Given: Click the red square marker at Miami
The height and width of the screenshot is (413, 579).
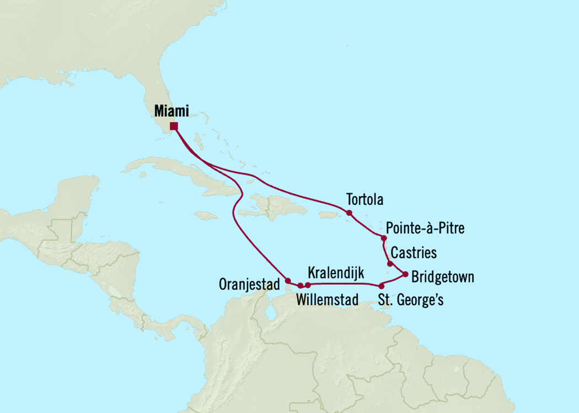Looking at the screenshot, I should point(174,126).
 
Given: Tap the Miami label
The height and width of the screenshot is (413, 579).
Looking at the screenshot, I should point(171,111).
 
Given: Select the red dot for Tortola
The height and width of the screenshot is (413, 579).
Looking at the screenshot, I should point(349,213).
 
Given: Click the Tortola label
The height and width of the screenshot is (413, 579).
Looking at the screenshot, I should point(364,199).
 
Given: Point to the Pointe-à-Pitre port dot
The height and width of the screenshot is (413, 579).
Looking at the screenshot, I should point(383,238).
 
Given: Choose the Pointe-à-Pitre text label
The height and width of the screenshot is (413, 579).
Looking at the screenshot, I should point(425,228).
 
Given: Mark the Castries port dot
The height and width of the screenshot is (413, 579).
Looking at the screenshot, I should point(390,263).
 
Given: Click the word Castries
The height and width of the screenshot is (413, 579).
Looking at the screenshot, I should point(413,253).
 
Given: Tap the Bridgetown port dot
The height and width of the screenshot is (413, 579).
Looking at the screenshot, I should point(406,274).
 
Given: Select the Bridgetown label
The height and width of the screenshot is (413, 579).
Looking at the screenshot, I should point(443,277).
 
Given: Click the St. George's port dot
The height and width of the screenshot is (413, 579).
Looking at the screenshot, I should point(381,286).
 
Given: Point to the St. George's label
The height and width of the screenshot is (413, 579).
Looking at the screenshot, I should point(411,300).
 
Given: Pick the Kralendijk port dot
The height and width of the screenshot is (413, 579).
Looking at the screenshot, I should point(308,285).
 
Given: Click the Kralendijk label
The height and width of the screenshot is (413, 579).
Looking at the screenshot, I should point(335,273).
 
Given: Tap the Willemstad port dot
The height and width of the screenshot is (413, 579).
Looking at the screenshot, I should point(300,286).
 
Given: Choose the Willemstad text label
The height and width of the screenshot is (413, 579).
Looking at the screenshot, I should point(327,300).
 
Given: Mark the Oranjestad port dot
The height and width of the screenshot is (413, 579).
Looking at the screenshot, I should point(287,280).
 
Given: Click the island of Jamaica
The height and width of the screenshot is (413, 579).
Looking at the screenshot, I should point(206,215).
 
